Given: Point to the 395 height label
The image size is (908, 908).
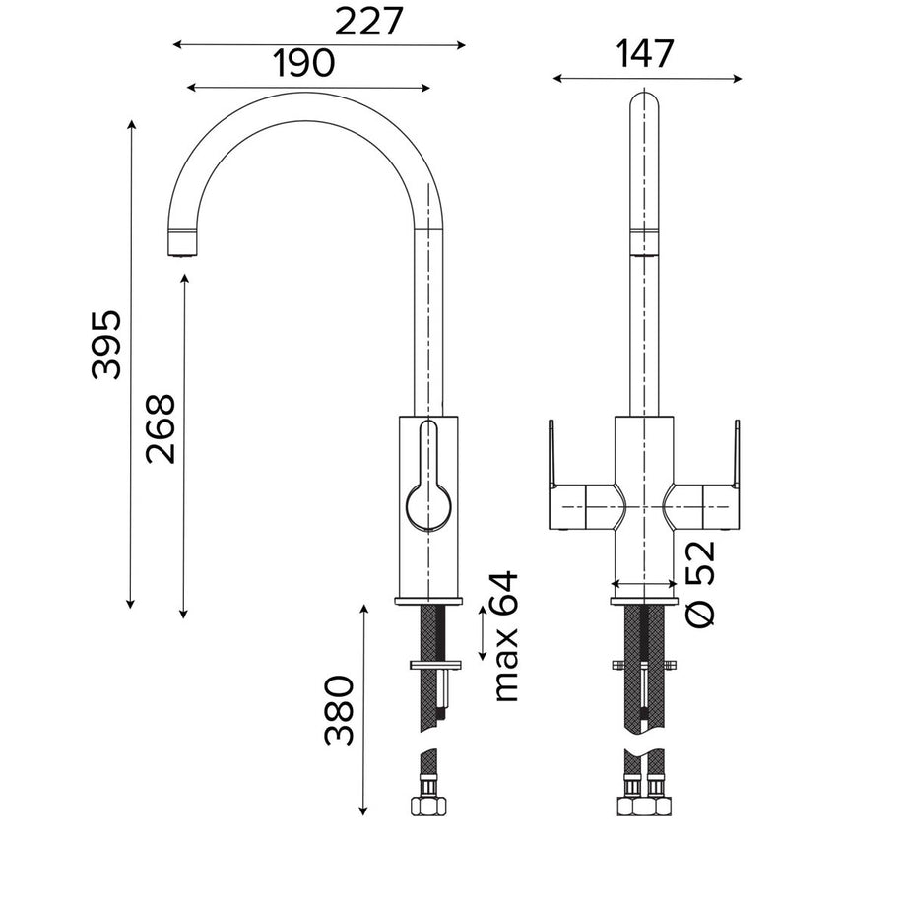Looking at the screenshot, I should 106,344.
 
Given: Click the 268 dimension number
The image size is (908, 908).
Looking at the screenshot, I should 160,428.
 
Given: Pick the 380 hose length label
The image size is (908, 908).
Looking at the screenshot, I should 340,710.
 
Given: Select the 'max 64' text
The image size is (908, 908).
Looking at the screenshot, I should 504,636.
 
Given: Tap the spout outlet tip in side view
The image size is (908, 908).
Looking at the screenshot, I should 180,242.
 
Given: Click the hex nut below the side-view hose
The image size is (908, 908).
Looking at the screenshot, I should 425,806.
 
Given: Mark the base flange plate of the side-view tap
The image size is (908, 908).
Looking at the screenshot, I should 428,600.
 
